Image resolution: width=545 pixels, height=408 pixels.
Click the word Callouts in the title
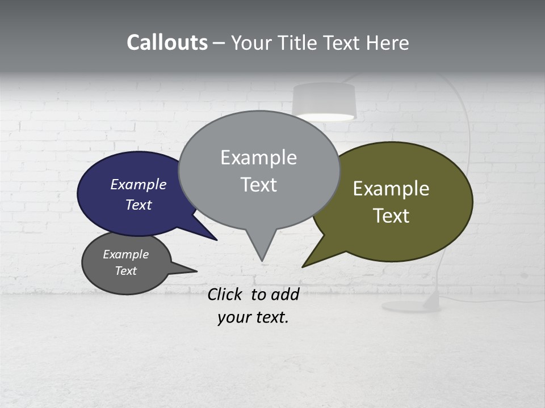pos(167,42)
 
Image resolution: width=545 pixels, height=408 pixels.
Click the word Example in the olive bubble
pos(391,189)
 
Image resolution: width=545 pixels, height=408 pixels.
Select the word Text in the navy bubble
pos(139,205)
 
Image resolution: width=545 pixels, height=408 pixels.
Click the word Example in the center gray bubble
pos(258,158)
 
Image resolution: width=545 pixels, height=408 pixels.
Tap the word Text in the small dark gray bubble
pos(126,271)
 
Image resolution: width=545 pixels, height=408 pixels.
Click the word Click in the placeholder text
pos(224,294)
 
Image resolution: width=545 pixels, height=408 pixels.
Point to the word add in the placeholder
pos(285,294)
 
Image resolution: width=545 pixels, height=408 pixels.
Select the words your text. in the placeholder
pos(253,317)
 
